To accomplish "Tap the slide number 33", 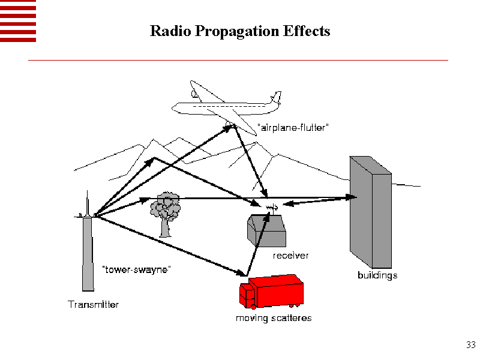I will tap(470, 345).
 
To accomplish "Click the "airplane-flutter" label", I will tap(293, 128).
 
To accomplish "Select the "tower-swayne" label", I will tap(137, 270).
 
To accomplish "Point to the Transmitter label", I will tap(93, 305).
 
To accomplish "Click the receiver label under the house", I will tap(291, 256).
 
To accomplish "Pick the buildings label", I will tap(377, 275).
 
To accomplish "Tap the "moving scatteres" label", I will tap(274, 318).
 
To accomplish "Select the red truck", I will tap(273, 290).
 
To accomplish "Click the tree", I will tap(164, 211).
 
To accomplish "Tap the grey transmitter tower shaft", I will tap(88, 252).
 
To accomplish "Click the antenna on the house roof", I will tap(270, 208).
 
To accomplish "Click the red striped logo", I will tap(18, 21).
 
